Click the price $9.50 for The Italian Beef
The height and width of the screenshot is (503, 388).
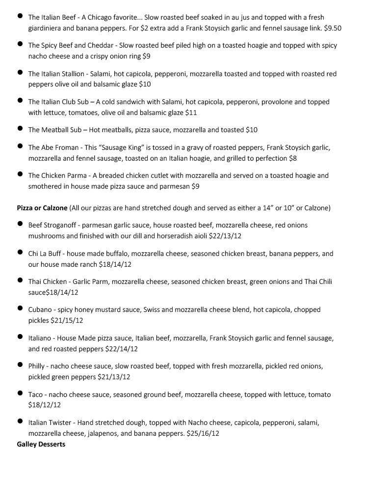[333, 28]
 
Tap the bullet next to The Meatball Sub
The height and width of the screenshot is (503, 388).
[20, 129]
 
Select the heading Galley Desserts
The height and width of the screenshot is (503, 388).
[41, 445]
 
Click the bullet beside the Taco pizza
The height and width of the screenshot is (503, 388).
[20, 393]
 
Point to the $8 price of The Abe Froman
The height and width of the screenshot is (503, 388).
[293, 158]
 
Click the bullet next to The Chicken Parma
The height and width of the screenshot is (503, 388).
[20, 174]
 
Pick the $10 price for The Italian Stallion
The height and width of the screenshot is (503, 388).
[145, 84]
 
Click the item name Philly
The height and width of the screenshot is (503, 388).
[36, 366]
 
